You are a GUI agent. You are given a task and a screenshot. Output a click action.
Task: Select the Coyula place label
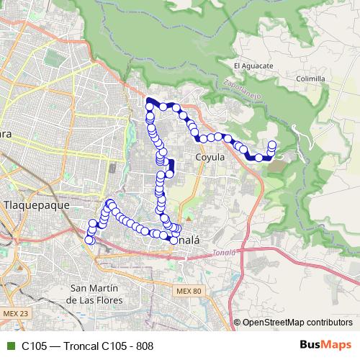tap(210, 156)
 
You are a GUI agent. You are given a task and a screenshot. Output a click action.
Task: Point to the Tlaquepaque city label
tap(36, 204)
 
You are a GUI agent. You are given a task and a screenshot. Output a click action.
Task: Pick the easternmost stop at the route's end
tap(272, 145)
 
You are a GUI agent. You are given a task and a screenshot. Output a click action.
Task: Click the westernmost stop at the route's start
tap(89, 240)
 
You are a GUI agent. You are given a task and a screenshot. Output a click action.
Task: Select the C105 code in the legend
tap(35, 346)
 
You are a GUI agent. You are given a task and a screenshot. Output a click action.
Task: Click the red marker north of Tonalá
tap(188, 216)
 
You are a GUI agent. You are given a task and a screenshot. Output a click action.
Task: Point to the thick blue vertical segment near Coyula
tap(171, 167)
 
